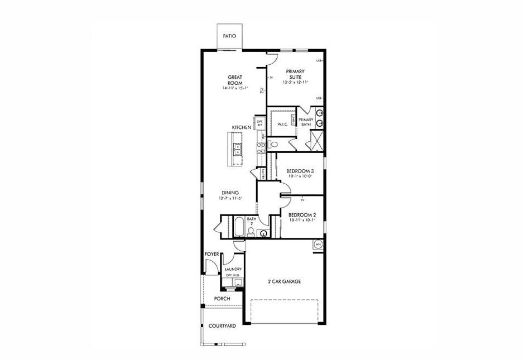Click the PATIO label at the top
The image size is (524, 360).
pyautogui.click(x=229, y=36)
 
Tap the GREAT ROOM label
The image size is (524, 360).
pyautogui.click(x=234, y=80)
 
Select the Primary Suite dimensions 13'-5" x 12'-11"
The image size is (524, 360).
pyautogui.click(x=295, y=83)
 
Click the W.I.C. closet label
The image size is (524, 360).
pyautogui.click(x=282, y=124)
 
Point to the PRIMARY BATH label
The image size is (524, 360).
pyautogui.click(x=305, y=122)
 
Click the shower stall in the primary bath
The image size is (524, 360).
pyautogui.click(x=316, y=141)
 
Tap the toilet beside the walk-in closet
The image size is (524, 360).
pyautogui.click(x=273, y=144)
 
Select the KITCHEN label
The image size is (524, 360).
pyautogui.click(x=242, y=128)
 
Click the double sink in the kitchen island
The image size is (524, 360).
pyautogui.click(x=238, y=150)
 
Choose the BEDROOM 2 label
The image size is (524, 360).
pyautogui.click(x=302, y=215)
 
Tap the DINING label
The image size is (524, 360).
pyautogui.click(x=229, y=193)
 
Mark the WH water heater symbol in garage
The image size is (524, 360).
pyautogui.click(x=318, y=244)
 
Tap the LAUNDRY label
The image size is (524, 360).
pyautogui.click(x=233, y=269)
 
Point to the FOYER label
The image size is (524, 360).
pyautogui.click(x=211, y=254)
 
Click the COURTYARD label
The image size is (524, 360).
pyautogui.click(x=222, y=325)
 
